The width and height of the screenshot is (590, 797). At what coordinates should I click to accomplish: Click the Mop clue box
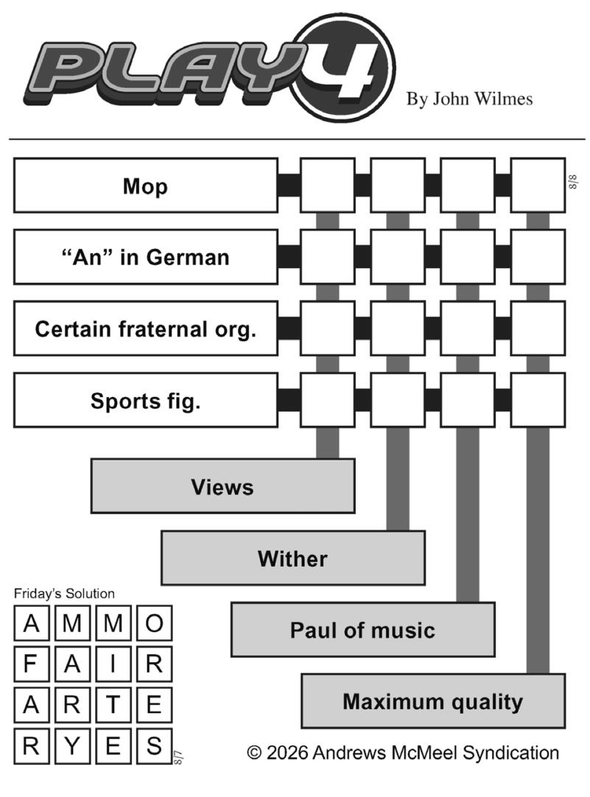coord(146,186)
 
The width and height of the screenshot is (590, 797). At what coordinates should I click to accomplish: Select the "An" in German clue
coord(146,257)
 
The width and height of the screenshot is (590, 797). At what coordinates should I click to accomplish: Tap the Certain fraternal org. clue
coord(146,329)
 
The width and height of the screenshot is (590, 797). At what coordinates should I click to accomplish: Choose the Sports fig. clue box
coord(146,401)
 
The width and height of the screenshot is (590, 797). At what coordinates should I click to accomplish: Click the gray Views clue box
coord(222,486)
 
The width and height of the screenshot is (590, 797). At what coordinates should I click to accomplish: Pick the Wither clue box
coord(293,558)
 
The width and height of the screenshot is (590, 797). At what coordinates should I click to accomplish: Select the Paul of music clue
coord(363,630)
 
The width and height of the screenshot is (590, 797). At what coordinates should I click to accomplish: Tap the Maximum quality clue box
coord(433,701)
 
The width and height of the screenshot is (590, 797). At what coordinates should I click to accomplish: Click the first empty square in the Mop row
coord(328,186)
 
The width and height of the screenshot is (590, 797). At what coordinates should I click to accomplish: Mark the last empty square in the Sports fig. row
coord(538,401)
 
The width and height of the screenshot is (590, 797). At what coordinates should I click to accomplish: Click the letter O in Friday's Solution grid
coord(154,623)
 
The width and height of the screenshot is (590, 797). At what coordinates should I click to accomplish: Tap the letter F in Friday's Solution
coord(31,664)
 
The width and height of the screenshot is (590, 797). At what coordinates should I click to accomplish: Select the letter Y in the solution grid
coord(72,746)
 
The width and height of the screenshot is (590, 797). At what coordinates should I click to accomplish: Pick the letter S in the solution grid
coord(154,746)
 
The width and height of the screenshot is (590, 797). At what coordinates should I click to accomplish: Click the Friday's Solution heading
coord(64,594)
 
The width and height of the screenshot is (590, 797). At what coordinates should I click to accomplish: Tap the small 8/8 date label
coord(573,181)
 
